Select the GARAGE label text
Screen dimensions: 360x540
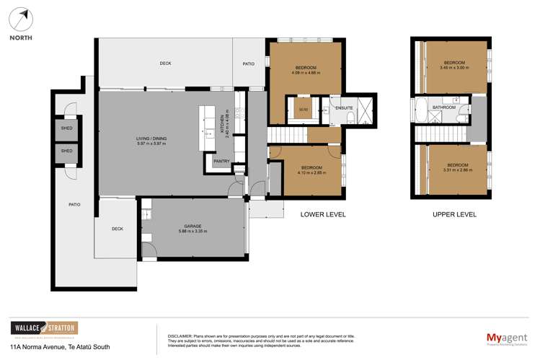point(192,226)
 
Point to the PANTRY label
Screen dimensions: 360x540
point(221,161)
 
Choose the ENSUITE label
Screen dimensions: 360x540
point(344,108)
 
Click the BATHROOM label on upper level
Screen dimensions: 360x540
point(443,107)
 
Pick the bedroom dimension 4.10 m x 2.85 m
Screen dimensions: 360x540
point(311,172)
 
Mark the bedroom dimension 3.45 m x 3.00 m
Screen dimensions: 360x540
point(454,68)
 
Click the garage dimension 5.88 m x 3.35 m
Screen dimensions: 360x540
point(192,232)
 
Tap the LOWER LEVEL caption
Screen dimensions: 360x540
point(323,214)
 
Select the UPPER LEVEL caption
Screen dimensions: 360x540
point(454,214)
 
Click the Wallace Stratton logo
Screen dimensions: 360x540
point(43,328)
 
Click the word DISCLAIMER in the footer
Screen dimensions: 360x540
point(180,336)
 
